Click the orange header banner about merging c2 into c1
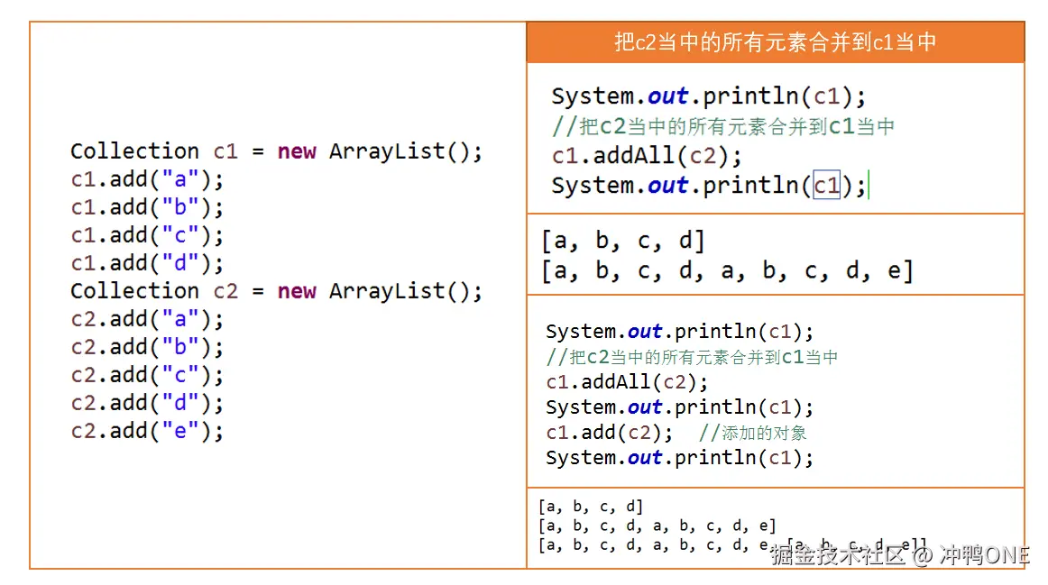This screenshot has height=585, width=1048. point(775,42)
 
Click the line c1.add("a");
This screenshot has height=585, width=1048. point(147,179)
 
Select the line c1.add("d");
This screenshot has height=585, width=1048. point(147,263)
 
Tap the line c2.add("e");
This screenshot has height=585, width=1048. point(147,431)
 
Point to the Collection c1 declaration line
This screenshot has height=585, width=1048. point(276,151)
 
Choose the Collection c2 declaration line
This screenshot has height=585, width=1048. point(276,291)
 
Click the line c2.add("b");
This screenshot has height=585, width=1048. point(147,347)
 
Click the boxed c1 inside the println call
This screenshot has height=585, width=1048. point(826,186)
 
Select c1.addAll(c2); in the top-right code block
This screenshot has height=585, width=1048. point(647,156)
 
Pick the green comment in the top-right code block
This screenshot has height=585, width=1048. point(723,126)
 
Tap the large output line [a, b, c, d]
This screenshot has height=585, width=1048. point(623,241)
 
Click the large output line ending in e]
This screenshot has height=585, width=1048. point(727,270)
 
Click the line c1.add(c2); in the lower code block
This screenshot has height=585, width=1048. point(609,433)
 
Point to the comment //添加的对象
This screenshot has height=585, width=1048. point(753,433)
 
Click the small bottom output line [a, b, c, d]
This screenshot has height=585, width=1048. point(591,507)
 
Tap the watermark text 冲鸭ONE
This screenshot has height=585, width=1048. point(984,555)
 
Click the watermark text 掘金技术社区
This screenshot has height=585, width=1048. point(837,555)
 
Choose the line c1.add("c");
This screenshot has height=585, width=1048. point(147,235)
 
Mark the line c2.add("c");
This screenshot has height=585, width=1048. point(147,375)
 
